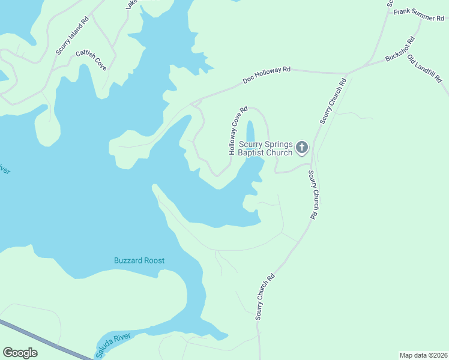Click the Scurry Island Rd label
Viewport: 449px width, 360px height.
[72, 35]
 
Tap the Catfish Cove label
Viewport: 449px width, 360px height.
[91, 60]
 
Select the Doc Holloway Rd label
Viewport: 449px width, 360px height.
[267, 75]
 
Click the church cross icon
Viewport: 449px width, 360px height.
[302, 147]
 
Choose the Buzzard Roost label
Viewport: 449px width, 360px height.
[139, 260]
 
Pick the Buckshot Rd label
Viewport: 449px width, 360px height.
[400, 50]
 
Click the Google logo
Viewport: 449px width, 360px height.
[20, 352]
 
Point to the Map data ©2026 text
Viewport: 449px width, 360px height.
[423, 355]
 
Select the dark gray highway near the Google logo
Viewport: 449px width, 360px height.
[48, 340]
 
